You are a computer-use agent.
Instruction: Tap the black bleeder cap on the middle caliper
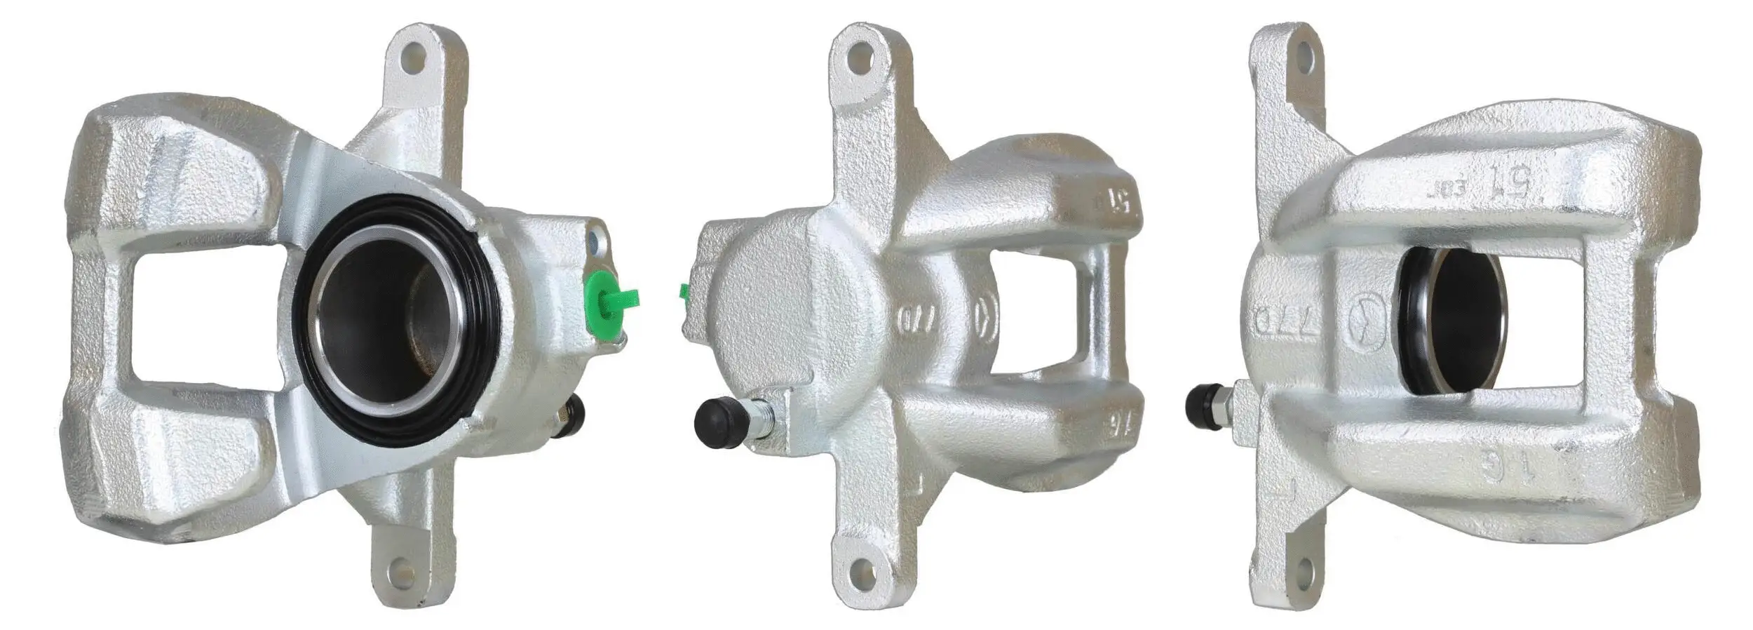click(x=718, y=422)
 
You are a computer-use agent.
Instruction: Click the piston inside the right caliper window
click(x=1462, y=319)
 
